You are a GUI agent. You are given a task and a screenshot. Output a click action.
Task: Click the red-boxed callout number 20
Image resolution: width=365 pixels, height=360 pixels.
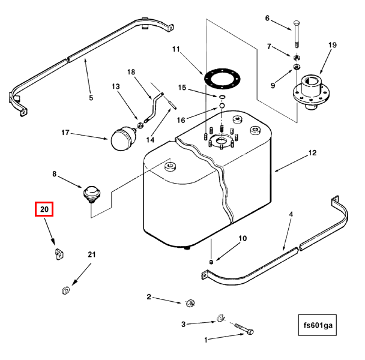click(44, 209)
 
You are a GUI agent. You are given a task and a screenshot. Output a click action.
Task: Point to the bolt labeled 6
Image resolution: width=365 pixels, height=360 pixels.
click(296, 34)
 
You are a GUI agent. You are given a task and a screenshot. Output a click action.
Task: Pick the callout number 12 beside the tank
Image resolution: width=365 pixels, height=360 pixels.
click(312, 153)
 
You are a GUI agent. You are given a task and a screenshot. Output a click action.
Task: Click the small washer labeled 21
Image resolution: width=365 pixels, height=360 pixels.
click(64, 291)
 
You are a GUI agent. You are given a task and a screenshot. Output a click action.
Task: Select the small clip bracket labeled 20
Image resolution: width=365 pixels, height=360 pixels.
click(56, 254)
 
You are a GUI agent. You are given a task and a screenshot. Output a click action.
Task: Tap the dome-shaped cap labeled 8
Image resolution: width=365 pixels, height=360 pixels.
click(91, 194)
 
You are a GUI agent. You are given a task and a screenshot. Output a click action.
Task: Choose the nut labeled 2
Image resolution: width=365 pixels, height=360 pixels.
click(190, 302)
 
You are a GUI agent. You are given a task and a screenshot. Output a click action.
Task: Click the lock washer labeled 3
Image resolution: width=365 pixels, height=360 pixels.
click(220, 318)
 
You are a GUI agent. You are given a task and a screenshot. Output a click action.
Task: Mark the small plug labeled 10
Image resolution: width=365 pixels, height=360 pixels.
click(212, 262)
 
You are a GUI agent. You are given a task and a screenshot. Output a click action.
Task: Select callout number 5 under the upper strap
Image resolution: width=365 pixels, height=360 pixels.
click(91, 98)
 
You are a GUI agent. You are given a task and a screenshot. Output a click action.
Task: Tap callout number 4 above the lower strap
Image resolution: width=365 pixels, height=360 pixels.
click(291, 214)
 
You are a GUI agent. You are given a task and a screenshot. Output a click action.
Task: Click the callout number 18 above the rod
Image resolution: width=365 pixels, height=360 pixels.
click(131, 72)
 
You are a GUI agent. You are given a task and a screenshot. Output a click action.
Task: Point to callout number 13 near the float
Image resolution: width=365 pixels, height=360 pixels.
click(116, 86)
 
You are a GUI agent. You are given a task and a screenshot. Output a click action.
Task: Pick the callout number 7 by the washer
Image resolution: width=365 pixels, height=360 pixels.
click(270, 46)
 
